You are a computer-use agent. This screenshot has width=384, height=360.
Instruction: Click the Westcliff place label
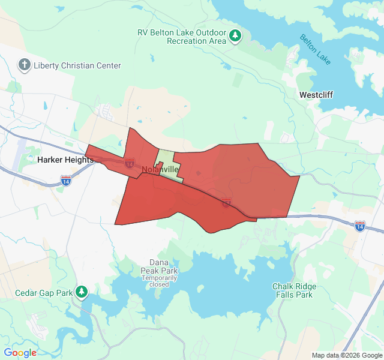316,95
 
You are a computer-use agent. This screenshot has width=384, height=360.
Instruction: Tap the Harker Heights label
65,160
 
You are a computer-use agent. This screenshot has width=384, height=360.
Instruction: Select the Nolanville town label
157,170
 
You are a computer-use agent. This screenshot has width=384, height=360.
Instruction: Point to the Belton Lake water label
315,50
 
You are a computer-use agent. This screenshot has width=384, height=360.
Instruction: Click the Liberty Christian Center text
77,65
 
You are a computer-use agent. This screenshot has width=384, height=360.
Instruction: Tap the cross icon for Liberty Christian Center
25,65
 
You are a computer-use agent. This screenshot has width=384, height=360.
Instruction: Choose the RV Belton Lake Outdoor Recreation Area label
181,37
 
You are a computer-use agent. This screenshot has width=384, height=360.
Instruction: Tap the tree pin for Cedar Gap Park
82,292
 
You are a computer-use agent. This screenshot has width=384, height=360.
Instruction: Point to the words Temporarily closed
160,281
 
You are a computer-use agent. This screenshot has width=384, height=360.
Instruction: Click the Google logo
20,353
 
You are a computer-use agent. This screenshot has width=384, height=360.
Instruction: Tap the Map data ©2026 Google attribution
347,355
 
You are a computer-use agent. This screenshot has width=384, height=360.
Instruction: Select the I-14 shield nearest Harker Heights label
67,179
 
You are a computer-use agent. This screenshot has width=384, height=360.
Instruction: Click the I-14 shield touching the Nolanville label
130,163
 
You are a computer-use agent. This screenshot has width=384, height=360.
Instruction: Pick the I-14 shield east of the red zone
359,226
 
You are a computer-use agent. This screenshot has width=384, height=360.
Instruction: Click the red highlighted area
240,180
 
